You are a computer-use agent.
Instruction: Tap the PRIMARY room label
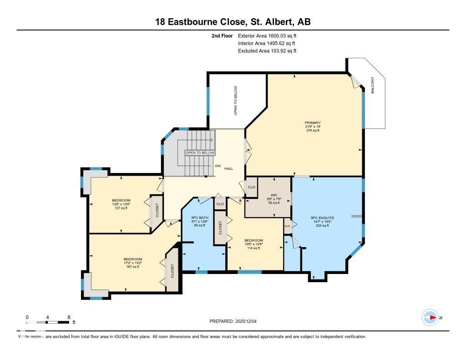[x=313, y=123]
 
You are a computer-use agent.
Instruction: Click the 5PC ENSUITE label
[x=322, y=218]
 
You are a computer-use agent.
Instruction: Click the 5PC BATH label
[x=199, y=218]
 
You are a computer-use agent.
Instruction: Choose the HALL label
[x=228, y=168]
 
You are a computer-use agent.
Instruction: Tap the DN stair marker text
[x=218, y=166]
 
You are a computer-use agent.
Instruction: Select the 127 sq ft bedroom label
[x=121, y=201]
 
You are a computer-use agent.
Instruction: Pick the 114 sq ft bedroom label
[x=253, y=241]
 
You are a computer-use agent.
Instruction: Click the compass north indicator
[x=430, y=318]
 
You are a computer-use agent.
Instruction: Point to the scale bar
[x=48, y=322]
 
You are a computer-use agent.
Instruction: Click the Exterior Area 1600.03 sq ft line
[x=267, y=35]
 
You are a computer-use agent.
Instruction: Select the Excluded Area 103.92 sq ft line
[x=267, y=51]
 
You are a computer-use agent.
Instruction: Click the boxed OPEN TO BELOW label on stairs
[x=199, y=153]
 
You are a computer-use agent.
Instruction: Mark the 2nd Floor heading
[x=223, y=35]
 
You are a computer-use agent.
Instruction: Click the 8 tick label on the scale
[x=69, y=317]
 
